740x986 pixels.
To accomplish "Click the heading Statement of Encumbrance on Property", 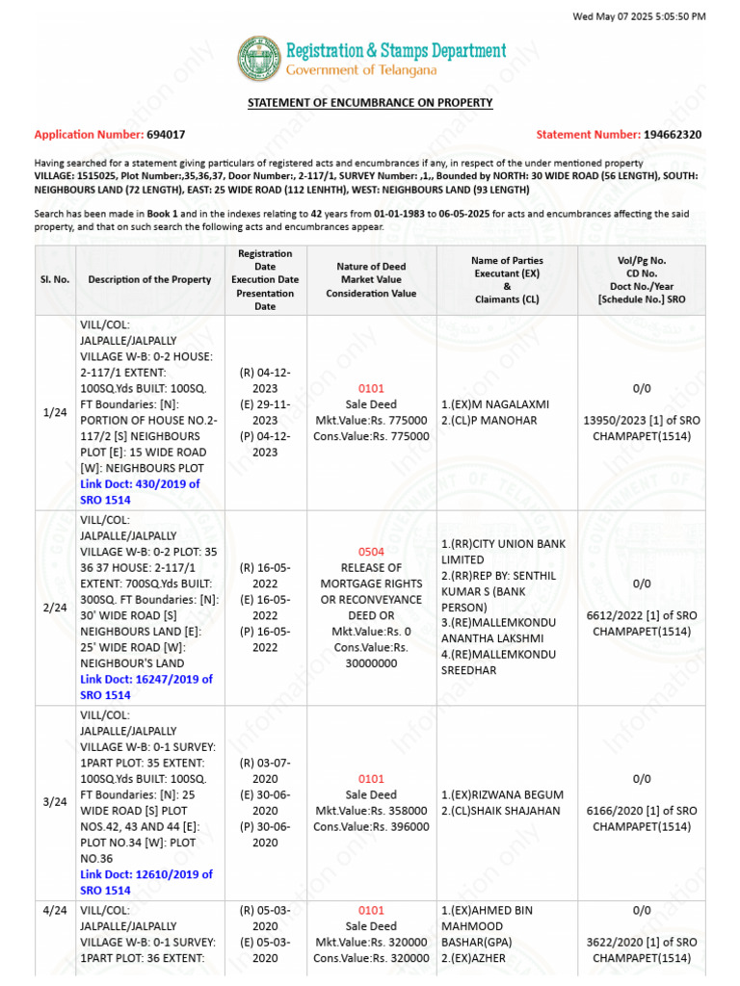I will click(x=370, y=102).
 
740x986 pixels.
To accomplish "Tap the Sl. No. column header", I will click(x=55, y=279).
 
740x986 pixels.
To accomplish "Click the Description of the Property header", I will click(x=149, y=279).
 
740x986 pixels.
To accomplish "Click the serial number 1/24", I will click(x=55, y=412).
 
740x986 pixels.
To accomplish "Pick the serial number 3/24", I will click(x=55, y=801).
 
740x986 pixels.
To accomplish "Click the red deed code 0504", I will click(x=371, y=552).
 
